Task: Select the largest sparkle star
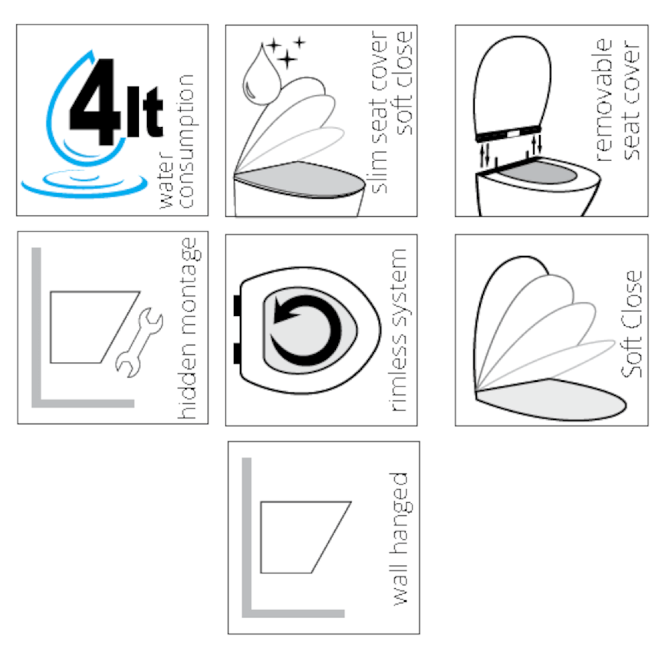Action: click(287, 59)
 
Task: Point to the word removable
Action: click(603, 100)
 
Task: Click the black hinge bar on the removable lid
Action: click(508, 134)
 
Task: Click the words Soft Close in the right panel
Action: click(631, 324)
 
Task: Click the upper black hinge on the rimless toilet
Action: click(237, 305)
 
